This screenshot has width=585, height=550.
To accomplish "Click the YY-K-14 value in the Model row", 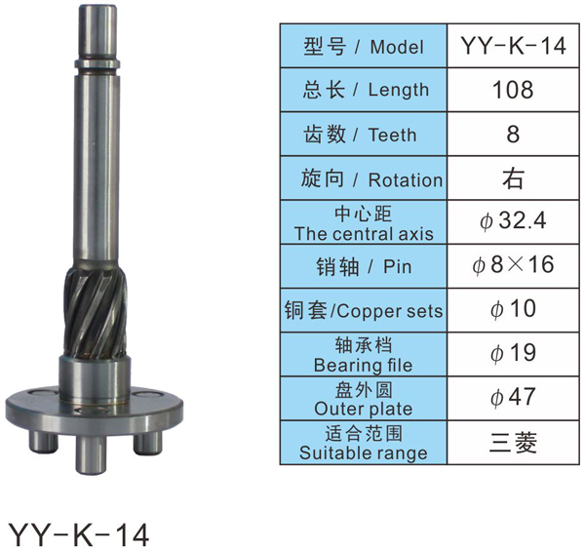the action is coord(514,46).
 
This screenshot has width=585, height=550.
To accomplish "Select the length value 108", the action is coord(513,90).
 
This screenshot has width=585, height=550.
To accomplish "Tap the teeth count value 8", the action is coord(513,134).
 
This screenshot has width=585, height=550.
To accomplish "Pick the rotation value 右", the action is coord(514,178).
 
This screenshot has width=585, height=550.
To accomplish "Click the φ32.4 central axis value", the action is coord(513,221).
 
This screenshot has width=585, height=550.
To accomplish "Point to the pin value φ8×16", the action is coord(513,265).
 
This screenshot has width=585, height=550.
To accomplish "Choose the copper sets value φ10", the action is coord(513,309).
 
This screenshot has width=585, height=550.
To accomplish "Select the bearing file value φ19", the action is coord(513,353).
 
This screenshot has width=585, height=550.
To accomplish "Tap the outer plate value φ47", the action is coord(513,397).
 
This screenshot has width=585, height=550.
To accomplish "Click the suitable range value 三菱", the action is coord(513,443).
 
